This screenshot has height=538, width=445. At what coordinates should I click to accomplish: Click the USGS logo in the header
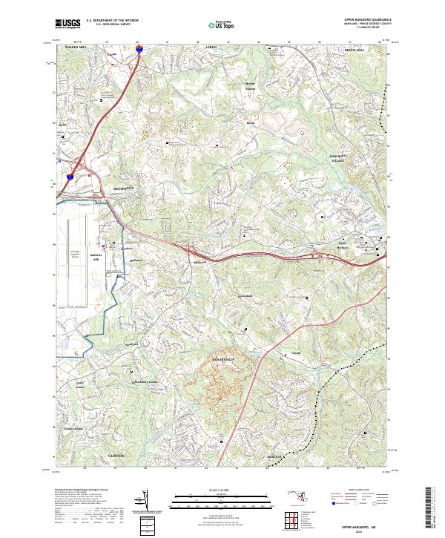click(x=69, y=24)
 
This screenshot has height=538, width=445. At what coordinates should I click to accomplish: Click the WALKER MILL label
click(x=76, y=47)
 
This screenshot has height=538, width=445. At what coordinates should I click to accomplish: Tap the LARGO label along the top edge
click(x=220, y=47)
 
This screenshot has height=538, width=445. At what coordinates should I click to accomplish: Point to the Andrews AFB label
click(x=94, y=258)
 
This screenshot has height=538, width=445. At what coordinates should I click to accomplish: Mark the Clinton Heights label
click(x=74, y=429)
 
